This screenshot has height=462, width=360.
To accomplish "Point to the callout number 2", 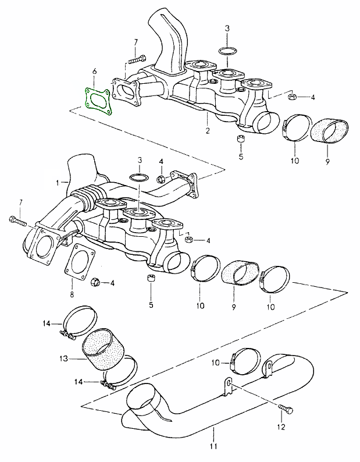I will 208,131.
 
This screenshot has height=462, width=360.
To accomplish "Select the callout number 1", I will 58,182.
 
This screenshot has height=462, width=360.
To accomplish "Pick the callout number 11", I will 213,447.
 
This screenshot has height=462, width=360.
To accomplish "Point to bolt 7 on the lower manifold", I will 19,221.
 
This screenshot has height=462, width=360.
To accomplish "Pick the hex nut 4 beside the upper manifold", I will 293,96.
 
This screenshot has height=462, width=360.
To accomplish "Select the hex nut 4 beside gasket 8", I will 96,283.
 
